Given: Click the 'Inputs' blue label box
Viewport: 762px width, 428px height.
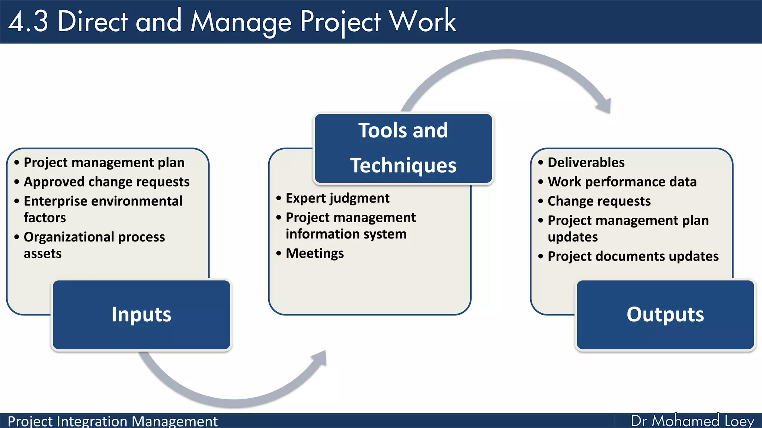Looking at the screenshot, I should [141, 315].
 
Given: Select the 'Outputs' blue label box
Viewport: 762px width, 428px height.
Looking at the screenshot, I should [665, 315].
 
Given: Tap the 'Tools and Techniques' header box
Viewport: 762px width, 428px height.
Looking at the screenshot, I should [403, 148].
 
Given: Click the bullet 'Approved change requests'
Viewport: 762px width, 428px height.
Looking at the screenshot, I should [106, 182].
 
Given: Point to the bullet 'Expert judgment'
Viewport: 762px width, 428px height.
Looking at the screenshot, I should [337, 198].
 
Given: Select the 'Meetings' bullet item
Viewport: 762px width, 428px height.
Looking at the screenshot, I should [314, 253].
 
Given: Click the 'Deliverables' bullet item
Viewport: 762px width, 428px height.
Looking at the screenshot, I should [586, 163].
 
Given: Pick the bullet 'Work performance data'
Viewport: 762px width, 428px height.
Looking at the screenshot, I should [622, 182].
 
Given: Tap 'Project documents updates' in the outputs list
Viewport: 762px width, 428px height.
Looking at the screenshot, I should [633, 256].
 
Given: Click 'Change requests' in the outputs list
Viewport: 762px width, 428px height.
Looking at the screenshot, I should [599, 201].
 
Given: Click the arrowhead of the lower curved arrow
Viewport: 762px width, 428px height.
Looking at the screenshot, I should [320, 358].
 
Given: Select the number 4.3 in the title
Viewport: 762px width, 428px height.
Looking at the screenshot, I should [28, 22].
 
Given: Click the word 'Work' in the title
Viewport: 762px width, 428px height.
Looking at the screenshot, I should [423, 22].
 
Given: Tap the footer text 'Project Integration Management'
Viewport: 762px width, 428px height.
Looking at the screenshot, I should [112, 421].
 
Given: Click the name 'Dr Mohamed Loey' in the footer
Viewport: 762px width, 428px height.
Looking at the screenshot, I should [692, 421].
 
